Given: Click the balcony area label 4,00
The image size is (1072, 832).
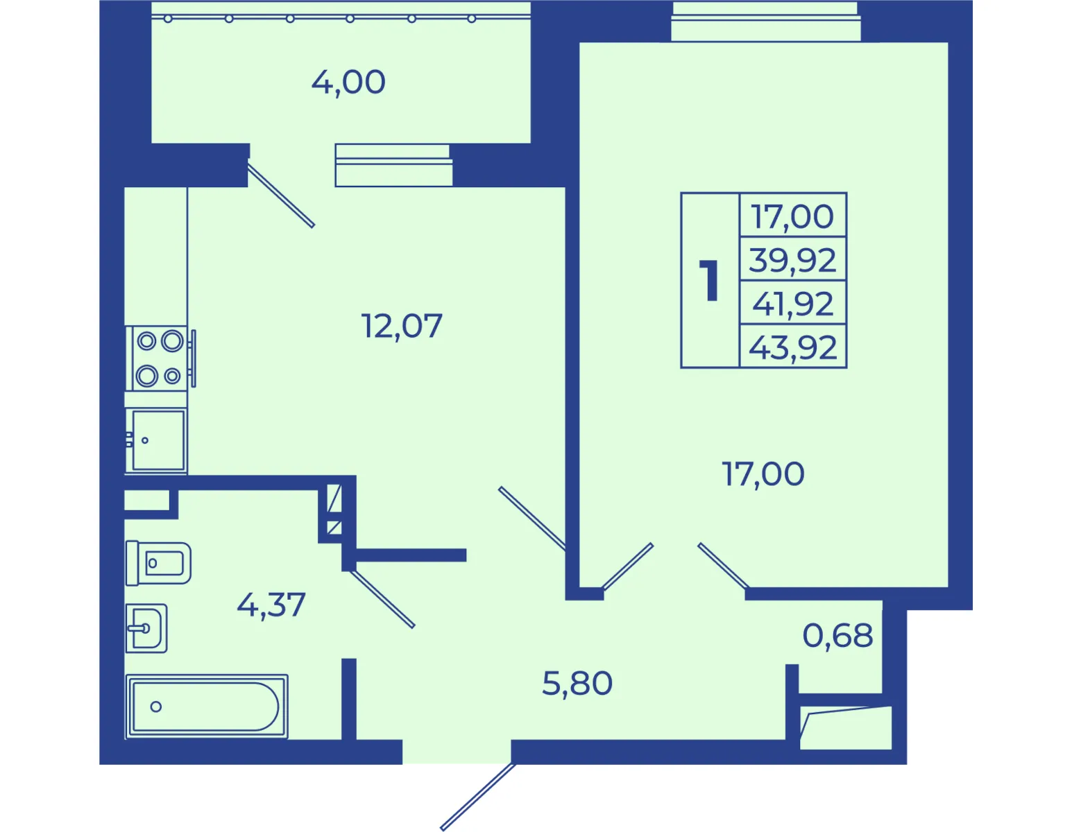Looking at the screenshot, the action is click(348, 83).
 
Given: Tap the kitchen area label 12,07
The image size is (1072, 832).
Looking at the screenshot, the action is click(402, 327).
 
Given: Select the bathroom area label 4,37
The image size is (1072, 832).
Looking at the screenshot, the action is click(271, 605).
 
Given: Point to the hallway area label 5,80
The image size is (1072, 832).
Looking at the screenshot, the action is click(577, 684).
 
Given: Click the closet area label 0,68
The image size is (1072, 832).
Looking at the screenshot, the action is click(837, 636).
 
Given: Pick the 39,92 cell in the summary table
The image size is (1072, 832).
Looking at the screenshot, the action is click(793, 260).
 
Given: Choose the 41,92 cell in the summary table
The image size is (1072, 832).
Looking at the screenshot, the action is click(793, 303).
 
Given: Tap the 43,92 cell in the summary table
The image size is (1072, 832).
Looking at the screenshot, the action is click(793, 347).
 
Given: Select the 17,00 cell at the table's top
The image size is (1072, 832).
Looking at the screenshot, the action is click(793, 216).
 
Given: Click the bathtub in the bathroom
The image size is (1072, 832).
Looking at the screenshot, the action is click(207, 707).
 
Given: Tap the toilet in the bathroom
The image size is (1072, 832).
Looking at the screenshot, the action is click(158, 563).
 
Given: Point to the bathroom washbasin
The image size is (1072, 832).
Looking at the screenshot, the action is click(146, 628).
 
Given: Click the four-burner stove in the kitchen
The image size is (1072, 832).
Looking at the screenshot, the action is click(160, 358).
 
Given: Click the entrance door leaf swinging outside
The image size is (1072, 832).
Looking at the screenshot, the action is click(477, 797).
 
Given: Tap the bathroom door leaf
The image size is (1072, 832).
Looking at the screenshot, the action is click(382, 599).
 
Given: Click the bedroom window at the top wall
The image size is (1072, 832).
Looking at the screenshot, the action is click(765, 21).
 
